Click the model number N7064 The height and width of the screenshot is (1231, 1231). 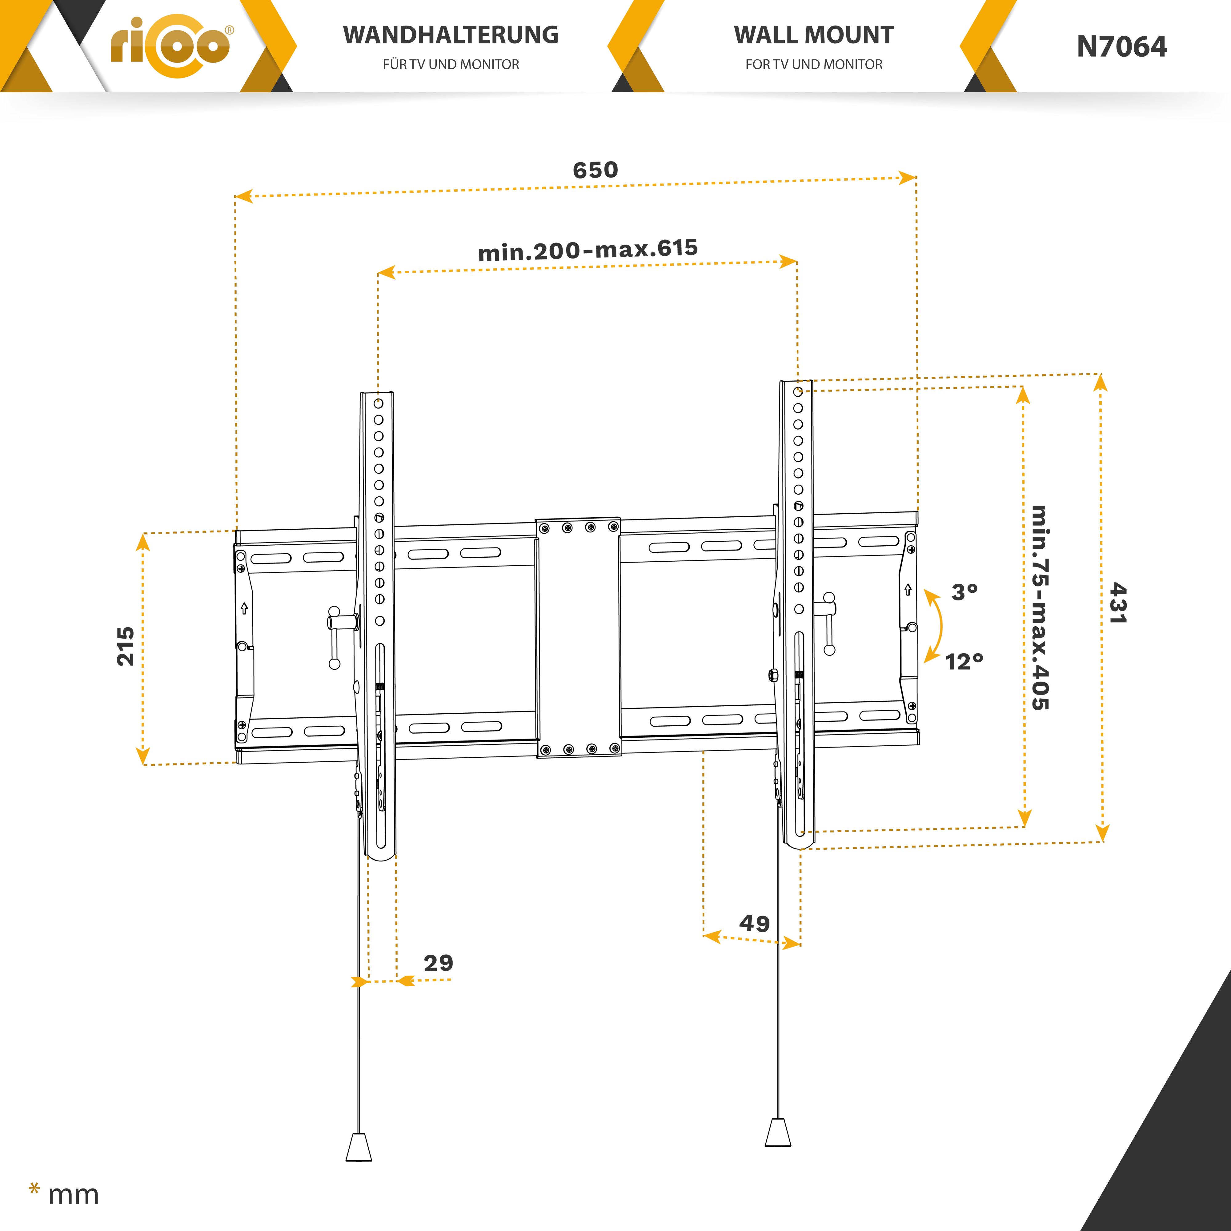[x=1121, y=46]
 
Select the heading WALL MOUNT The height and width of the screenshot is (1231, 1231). [x=814, y=35]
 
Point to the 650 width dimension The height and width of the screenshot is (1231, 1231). [x=595, y=170]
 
